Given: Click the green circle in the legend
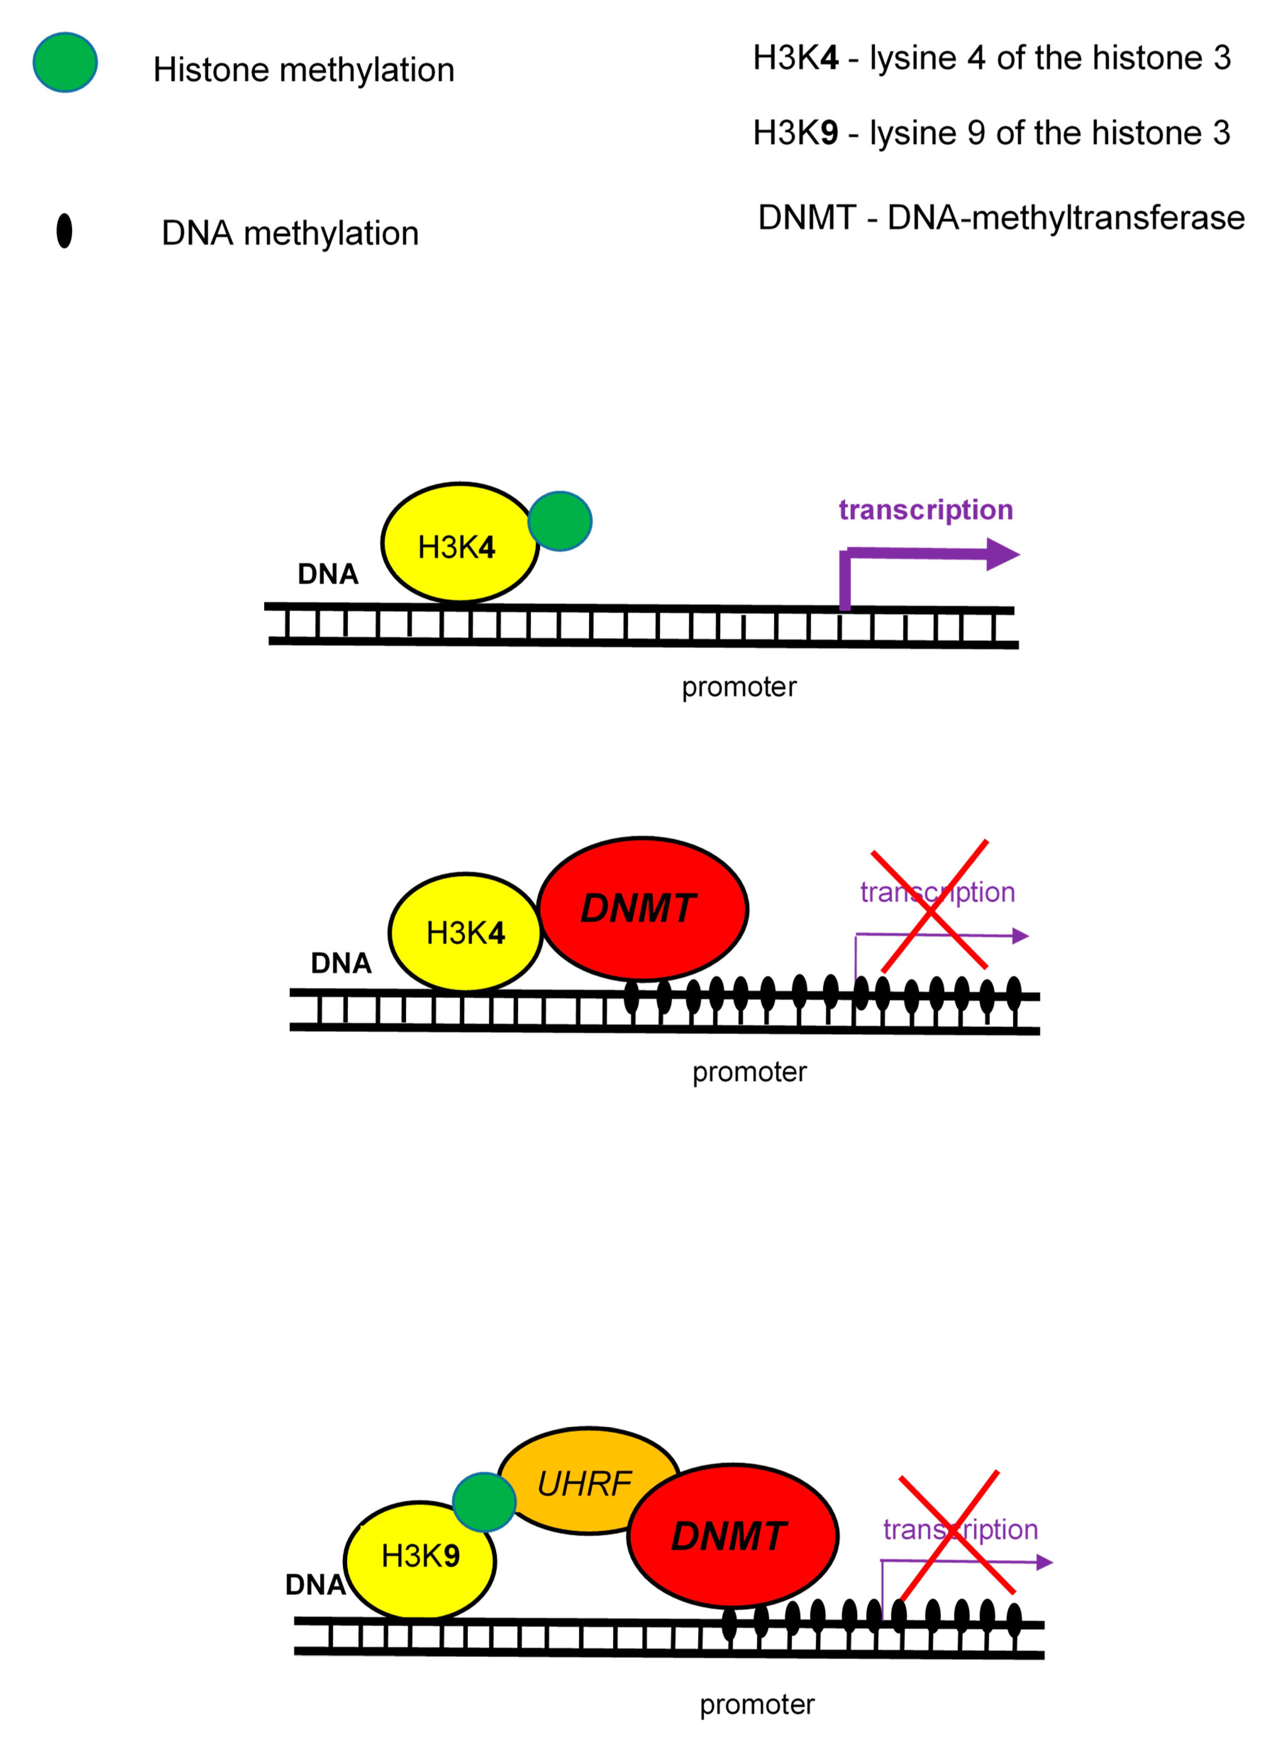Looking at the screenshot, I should [x=65, y=62].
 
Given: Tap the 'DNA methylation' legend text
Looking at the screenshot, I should [x=290, y=233].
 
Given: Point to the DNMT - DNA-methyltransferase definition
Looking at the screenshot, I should [x=1000, y=217].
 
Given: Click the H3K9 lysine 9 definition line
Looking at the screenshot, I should [x=991, y=133].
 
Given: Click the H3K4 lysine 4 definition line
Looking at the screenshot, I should [x=991, y=58].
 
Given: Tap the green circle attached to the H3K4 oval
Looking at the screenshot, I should [x=560, y=521].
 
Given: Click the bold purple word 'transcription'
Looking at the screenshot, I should [x=925, y=510].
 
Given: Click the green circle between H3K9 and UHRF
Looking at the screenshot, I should [x=484, y=1501].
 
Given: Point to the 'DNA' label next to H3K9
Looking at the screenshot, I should [x=315, y=1584].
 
